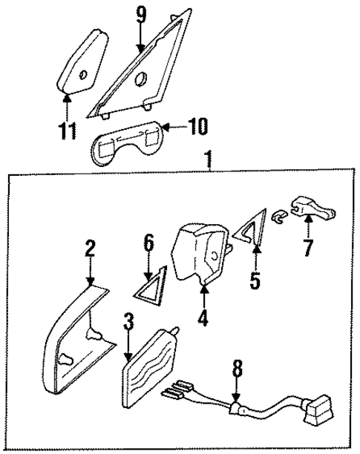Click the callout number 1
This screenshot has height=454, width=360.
[209, 158]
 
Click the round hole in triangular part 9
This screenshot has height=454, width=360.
[141, 77]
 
